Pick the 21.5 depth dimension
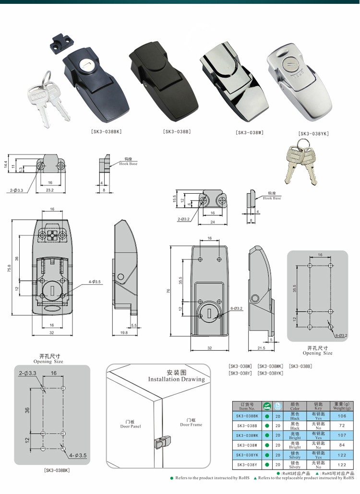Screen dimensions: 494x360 (262, 349)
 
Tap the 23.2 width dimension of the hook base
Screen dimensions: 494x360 (49, 190)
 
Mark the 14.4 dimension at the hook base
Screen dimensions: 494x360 (6, 165)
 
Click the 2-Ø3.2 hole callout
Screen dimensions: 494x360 (183, 219)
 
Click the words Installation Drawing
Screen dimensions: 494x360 (176, 379)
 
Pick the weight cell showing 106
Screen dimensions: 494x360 (342, 416)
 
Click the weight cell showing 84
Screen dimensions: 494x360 (342, 445)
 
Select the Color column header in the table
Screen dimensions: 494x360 (295, 406)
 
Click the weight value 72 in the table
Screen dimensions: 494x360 (342, 425)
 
